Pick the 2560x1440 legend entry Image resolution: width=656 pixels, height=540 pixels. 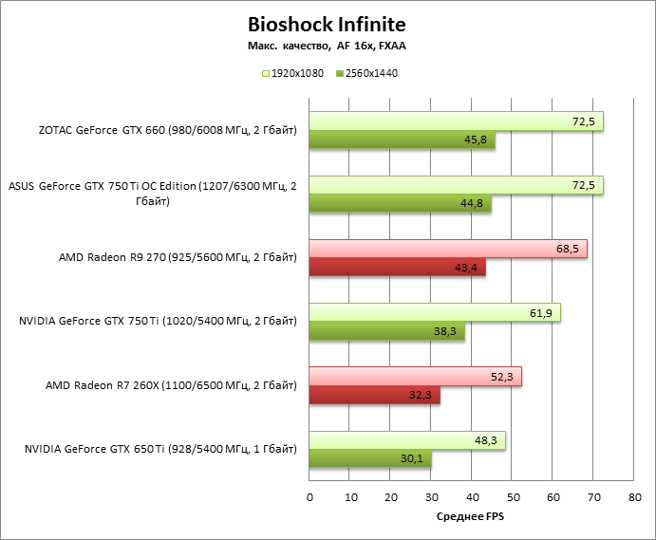[366, 72]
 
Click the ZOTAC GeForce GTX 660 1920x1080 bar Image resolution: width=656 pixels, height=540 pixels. [456, 121]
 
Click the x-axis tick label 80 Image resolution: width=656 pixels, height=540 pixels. [634, 496]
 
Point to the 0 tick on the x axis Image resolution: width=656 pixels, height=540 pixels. [309, 496]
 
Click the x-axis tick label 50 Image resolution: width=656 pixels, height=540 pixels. [513, 496]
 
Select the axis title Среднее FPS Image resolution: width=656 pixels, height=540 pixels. [471, 517]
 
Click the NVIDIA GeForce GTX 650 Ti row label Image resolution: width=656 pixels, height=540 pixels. [158, 449]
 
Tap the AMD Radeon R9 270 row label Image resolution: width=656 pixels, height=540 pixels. [178, 257]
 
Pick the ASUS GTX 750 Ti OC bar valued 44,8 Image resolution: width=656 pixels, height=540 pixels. [399, 204]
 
